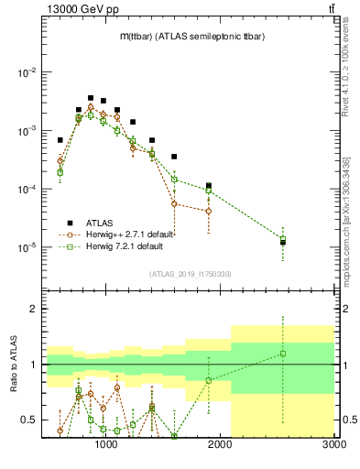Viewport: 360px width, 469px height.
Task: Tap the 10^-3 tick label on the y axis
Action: click(27, 131)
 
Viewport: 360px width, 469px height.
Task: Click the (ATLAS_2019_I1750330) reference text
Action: click(190, 273)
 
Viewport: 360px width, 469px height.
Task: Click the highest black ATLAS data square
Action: click(91, 97)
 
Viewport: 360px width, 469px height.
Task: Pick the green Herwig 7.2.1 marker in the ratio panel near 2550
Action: click(283, 354)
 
